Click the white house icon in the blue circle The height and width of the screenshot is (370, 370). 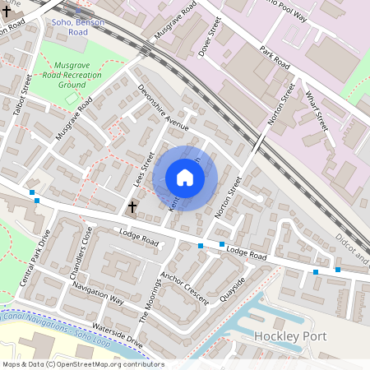coord(185,178)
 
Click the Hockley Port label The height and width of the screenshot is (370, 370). coord(290,336)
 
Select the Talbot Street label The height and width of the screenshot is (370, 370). coord(26,96)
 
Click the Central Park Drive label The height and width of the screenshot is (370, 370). coord(35,258)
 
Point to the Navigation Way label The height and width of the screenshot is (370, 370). coord(97,294)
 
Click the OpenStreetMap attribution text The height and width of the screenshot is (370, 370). coord(83,363)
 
